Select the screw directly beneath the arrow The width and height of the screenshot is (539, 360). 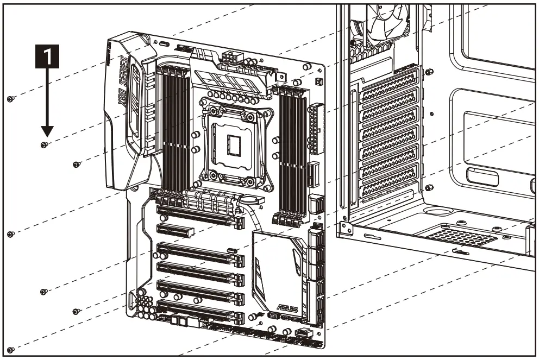[45, 145]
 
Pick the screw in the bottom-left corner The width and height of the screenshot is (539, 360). [10, 350]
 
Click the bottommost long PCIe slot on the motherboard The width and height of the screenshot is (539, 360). [199, 311]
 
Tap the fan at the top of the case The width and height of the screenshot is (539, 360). [380, 22]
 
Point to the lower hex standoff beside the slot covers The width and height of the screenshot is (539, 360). [429, 187]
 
